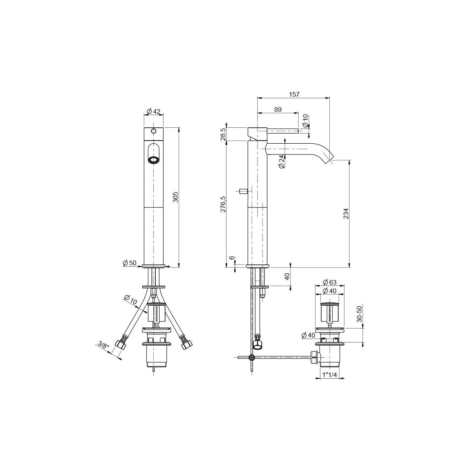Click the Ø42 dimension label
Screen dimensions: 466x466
[154, 111]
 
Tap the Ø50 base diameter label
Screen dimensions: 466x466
[130, 263]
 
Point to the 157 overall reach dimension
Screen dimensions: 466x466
[294, 94]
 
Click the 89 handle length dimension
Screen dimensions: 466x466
[278, 110]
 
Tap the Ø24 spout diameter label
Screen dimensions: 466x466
[282, 162]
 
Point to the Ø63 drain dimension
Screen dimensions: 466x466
[330, 282]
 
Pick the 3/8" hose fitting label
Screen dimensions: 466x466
[103, 344]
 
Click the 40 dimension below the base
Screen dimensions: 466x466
[287, 276]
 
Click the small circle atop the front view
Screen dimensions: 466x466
[154, 131]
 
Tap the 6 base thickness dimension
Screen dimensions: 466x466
[232, 258]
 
